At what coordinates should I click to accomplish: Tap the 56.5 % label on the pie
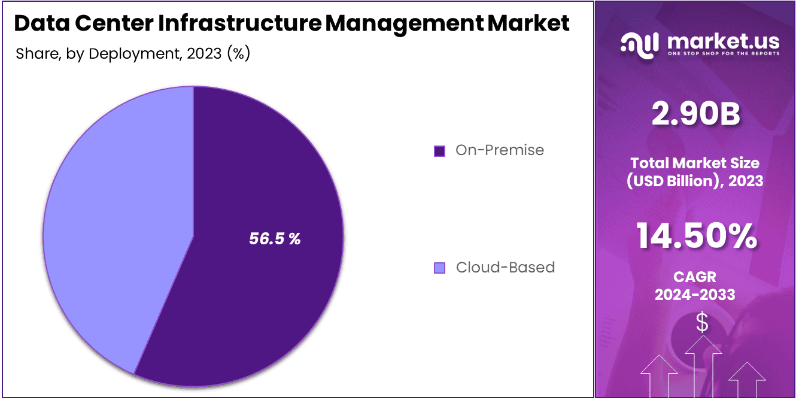click(x=275, y=239)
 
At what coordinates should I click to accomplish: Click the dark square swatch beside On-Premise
click(x=439, y=151)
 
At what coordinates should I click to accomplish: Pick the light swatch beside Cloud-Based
click(x=439, y=268)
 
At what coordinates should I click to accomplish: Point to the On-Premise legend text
click(x=500, y=150)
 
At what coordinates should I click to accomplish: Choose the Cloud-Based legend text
click(x=505, y=267)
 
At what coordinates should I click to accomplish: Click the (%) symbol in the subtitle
click(x=238, y=54)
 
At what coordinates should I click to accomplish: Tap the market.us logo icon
click(x=639, y=44)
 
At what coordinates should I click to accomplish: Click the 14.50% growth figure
click(x=695, y=236)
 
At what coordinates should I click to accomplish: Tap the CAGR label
click(x=695, y=277)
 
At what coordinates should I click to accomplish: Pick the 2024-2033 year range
click(x=695, y=295)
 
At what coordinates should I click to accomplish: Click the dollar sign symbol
click(x=702, y=323)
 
